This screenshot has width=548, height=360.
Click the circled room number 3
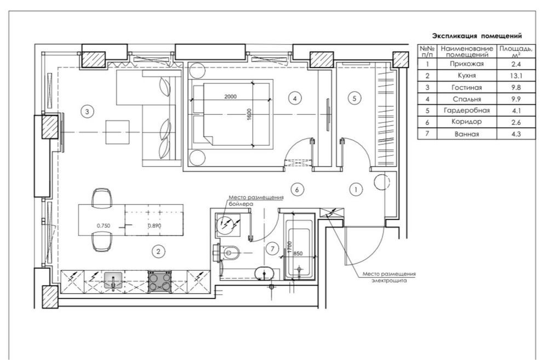(87, 112)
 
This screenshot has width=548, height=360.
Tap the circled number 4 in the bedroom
(295, 99)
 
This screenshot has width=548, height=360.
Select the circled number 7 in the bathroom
(272, 249)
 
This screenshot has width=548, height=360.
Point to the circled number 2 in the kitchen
(158, 252)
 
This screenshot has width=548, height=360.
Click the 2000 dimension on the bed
(230, 96)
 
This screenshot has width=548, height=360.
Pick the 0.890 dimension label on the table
(155, 226)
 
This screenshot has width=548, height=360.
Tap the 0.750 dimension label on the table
(104, 226)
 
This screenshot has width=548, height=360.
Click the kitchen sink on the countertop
(113, 281)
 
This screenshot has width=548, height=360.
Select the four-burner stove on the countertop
(159, 282)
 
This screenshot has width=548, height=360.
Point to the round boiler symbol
(226, 225)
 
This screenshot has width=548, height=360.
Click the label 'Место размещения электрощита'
(389, 277)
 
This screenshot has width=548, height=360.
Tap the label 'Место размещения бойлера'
(256, 200)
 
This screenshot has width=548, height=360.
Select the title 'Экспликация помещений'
(477, 36)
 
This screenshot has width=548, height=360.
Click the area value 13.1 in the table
(516, 76)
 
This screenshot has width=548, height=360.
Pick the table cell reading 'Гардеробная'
(466, 111)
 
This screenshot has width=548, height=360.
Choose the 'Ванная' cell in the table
(466, 134)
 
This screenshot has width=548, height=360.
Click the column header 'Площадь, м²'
(516, 52)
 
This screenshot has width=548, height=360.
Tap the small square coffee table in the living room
(117, 132)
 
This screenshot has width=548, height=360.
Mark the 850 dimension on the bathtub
(298, 254)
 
